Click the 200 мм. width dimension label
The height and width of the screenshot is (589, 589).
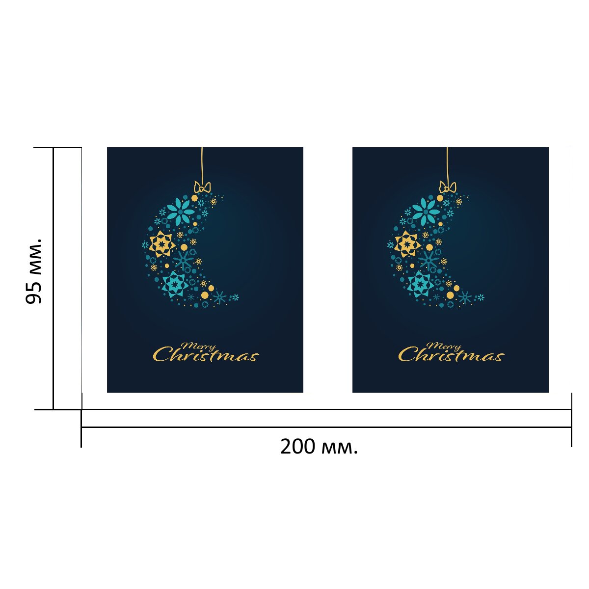[319, 447]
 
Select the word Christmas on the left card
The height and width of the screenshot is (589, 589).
[206, 355]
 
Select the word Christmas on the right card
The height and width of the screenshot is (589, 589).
[451, 355]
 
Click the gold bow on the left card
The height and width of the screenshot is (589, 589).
[202, 187]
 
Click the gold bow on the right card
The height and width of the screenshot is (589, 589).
[447, 187]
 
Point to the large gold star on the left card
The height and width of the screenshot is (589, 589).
[161, 243]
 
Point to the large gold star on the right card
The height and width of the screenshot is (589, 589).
[407, 243]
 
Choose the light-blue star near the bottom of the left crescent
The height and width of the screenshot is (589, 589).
[174, 284]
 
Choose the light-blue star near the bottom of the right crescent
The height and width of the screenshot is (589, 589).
[420, 284]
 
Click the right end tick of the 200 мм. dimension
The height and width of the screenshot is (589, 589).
[571, 420]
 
